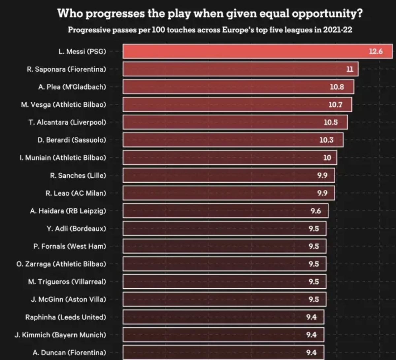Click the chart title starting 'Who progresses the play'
210,14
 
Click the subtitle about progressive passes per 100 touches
210,30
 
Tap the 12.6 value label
376,52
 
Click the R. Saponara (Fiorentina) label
66,69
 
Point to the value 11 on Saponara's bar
350,69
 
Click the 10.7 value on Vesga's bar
335,105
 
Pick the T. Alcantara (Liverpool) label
67,122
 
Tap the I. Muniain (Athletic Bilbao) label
63,158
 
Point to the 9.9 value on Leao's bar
322,193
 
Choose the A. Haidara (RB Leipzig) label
68,211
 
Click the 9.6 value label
315,211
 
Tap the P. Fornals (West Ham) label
70,246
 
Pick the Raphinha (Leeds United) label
66,317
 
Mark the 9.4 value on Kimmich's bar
311,335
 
